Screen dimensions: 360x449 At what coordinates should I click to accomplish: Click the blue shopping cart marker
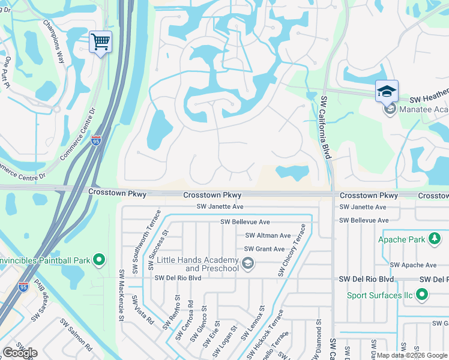point(100,43)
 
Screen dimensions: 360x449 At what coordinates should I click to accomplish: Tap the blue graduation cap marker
point(387,92)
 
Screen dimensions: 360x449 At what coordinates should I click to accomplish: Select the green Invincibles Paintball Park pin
point(100,260)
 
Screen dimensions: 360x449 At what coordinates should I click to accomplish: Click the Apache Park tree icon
point(434,239)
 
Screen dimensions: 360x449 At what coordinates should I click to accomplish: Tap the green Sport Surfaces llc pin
point(421,295)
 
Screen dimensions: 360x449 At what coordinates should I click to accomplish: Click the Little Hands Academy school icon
point(247,263)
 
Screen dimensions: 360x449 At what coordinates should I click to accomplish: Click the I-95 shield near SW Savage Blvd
point(23,287)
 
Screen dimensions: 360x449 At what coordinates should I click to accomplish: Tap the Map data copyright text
point(411,355)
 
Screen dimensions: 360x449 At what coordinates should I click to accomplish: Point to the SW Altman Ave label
point(268,235)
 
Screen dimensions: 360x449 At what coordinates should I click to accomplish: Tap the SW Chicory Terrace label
point(292,250)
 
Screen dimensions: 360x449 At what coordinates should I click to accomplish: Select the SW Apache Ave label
point(413,265)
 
